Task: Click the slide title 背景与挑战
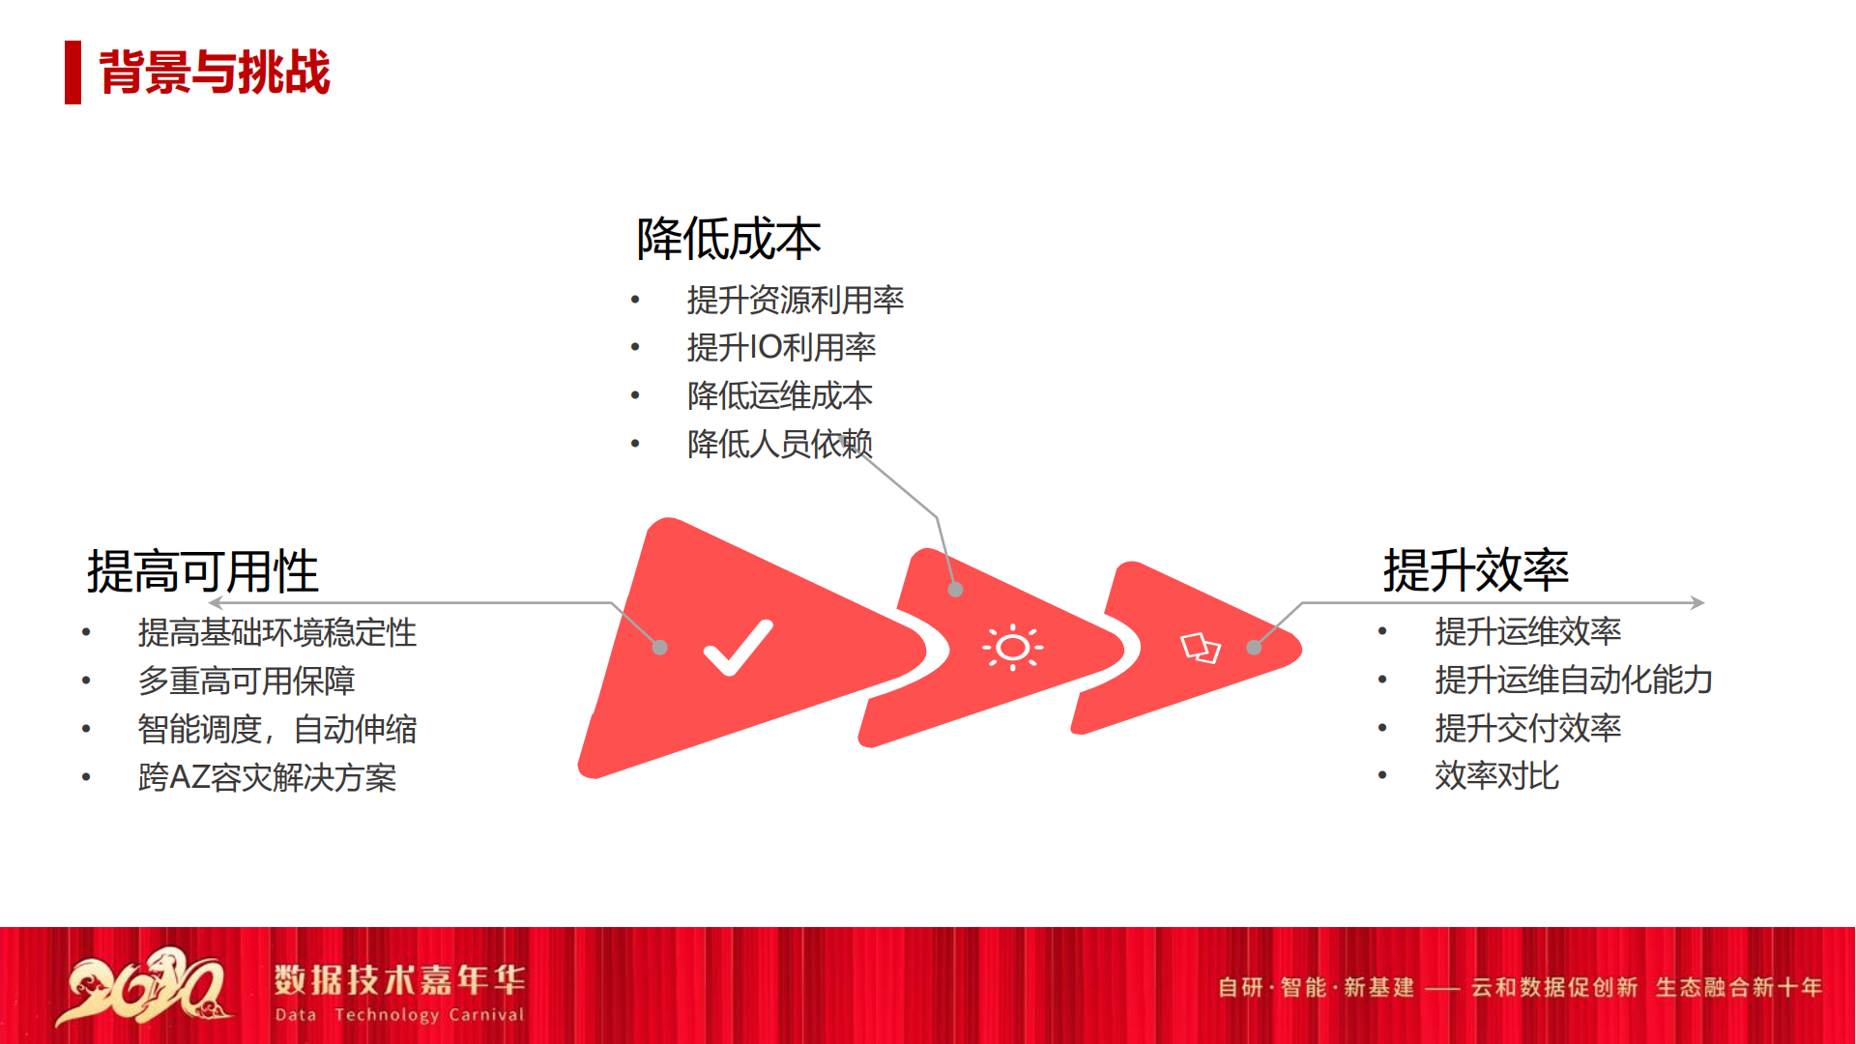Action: pos(215,72)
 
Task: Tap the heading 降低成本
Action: pos(729,239)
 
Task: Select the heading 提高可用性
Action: pos(203,571)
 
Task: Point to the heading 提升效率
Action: pos(1476,569)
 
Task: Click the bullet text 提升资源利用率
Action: pos(796,300)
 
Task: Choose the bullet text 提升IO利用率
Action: pos(781,347)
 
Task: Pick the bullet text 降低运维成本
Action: pos(780,395)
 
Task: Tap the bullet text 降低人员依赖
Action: pos(780,444)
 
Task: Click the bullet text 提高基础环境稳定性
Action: pos(277,632)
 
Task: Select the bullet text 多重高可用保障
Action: pos(246,681)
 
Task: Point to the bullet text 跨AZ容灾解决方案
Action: pos(268,777)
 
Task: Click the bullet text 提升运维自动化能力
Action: pos(1574,680)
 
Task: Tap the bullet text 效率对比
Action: pos(1497,775)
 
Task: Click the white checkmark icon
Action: pos(738,648)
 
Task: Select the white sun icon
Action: pos(1012,648)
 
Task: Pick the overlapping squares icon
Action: pos(1201,648)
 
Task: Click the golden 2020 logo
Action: pos(145,986)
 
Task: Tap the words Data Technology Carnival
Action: pos(399,1015)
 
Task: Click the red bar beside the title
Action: pos(72,72)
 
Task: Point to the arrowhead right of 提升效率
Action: pos(1698,602)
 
